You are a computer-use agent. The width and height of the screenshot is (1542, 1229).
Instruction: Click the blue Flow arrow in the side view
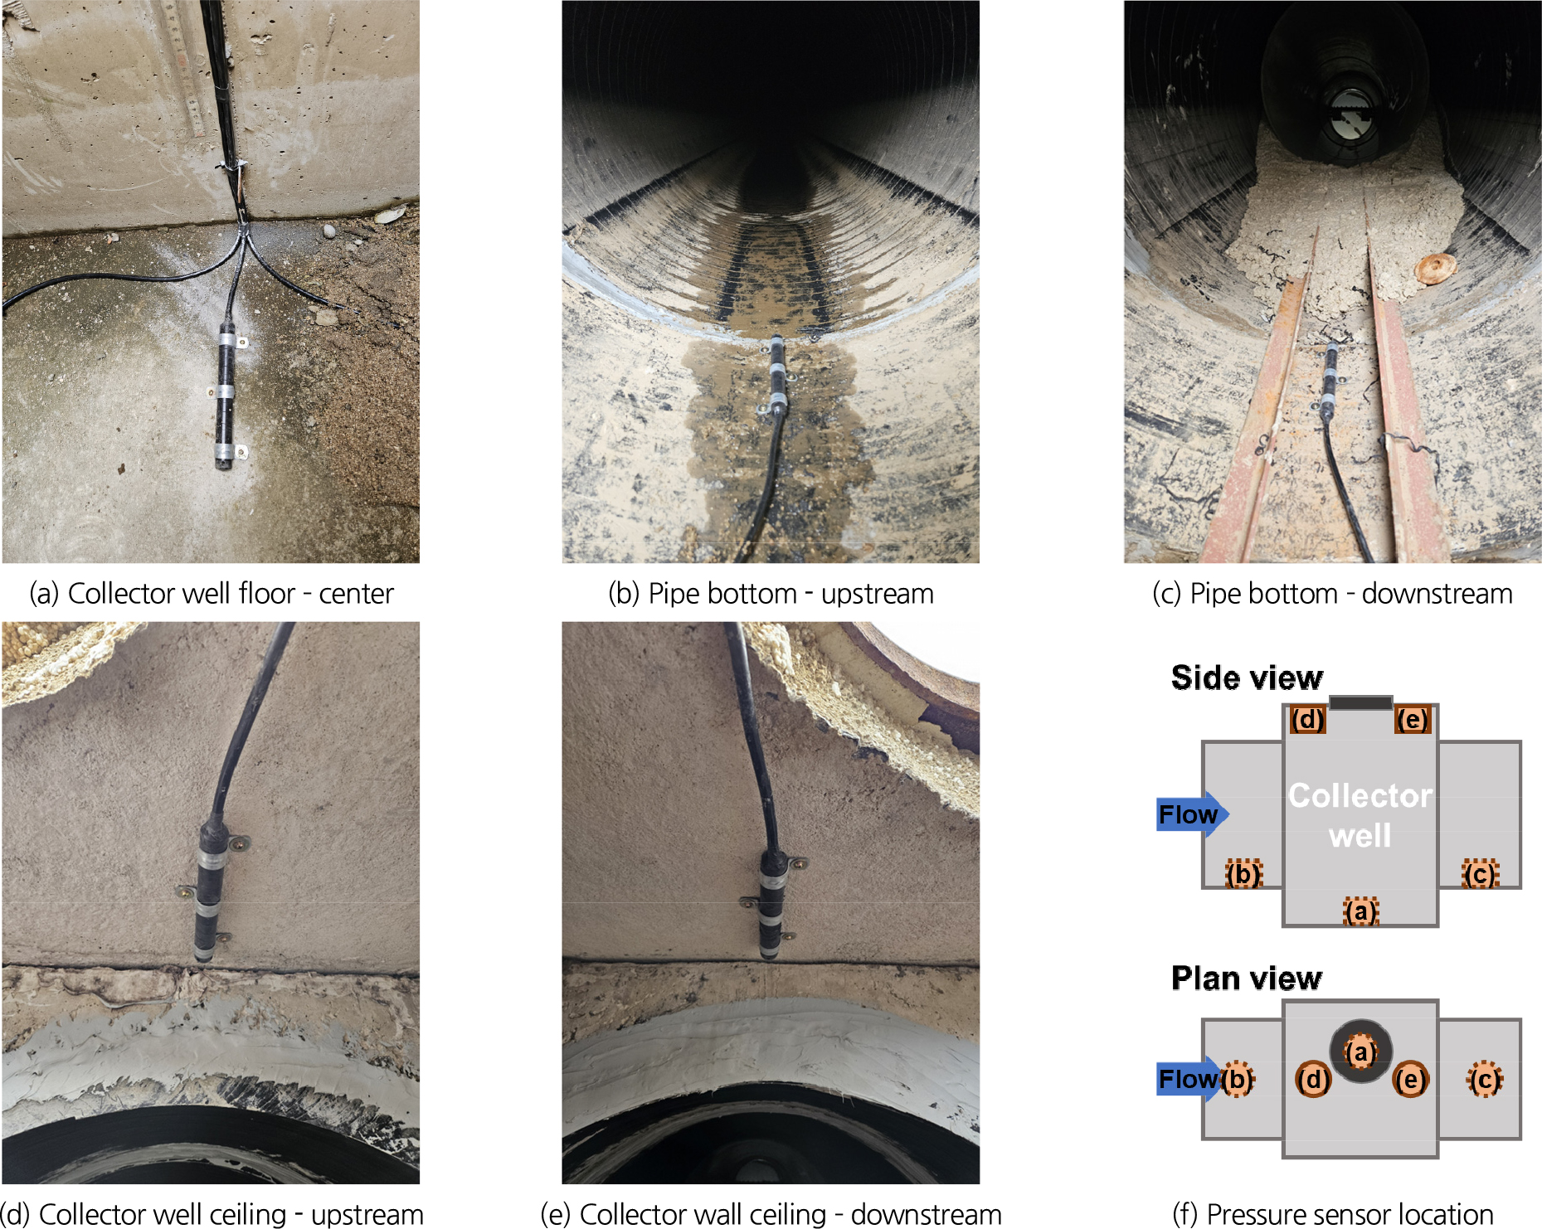click(1192, 814)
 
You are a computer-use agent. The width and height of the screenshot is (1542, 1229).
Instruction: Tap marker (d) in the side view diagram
click(1308, 719)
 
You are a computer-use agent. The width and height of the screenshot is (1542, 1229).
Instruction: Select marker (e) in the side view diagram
click(1413, 719)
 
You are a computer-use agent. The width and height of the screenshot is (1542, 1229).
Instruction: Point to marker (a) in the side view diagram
click(1360, 911)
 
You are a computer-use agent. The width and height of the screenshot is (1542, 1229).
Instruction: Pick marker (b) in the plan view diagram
click(1237, 1079)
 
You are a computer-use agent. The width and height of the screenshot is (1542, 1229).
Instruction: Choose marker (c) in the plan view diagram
click(1484, 1079)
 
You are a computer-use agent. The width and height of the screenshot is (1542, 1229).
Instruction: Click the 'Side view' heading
click(1247, 678)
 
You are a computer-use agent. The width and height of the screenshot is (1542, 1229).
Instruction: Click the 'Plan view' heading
click(1246, 979)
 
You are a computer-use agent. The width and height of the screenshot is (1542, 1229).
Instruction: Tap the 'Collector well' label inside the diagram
click(1360, 815)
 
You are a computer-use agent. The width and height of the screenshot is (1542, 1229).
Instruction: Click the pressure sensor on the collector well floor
click(226, 395)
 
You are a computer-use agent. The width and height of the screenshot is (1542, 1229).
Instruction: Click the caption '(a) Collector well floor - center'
click(211, 594)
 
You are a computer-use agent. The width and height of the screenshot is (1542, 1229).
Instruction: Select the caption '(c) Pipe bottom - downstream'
click(1332, 594)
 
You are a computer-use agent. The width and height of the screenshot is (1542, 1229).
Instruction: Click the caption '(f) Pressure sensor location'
click(1332, 1213)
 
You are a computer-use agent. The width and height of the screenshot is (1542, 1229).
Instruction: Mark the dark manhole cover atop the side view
click(1360, 702)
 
